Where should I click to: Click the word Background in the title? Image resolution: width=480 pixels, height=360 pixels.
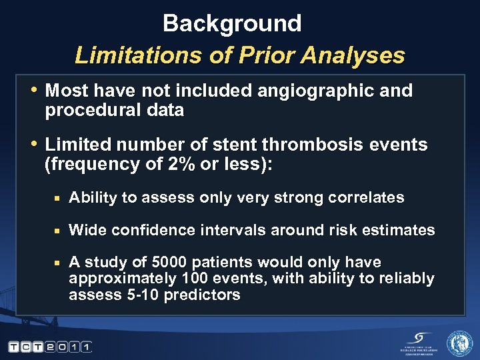(232, 24)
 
